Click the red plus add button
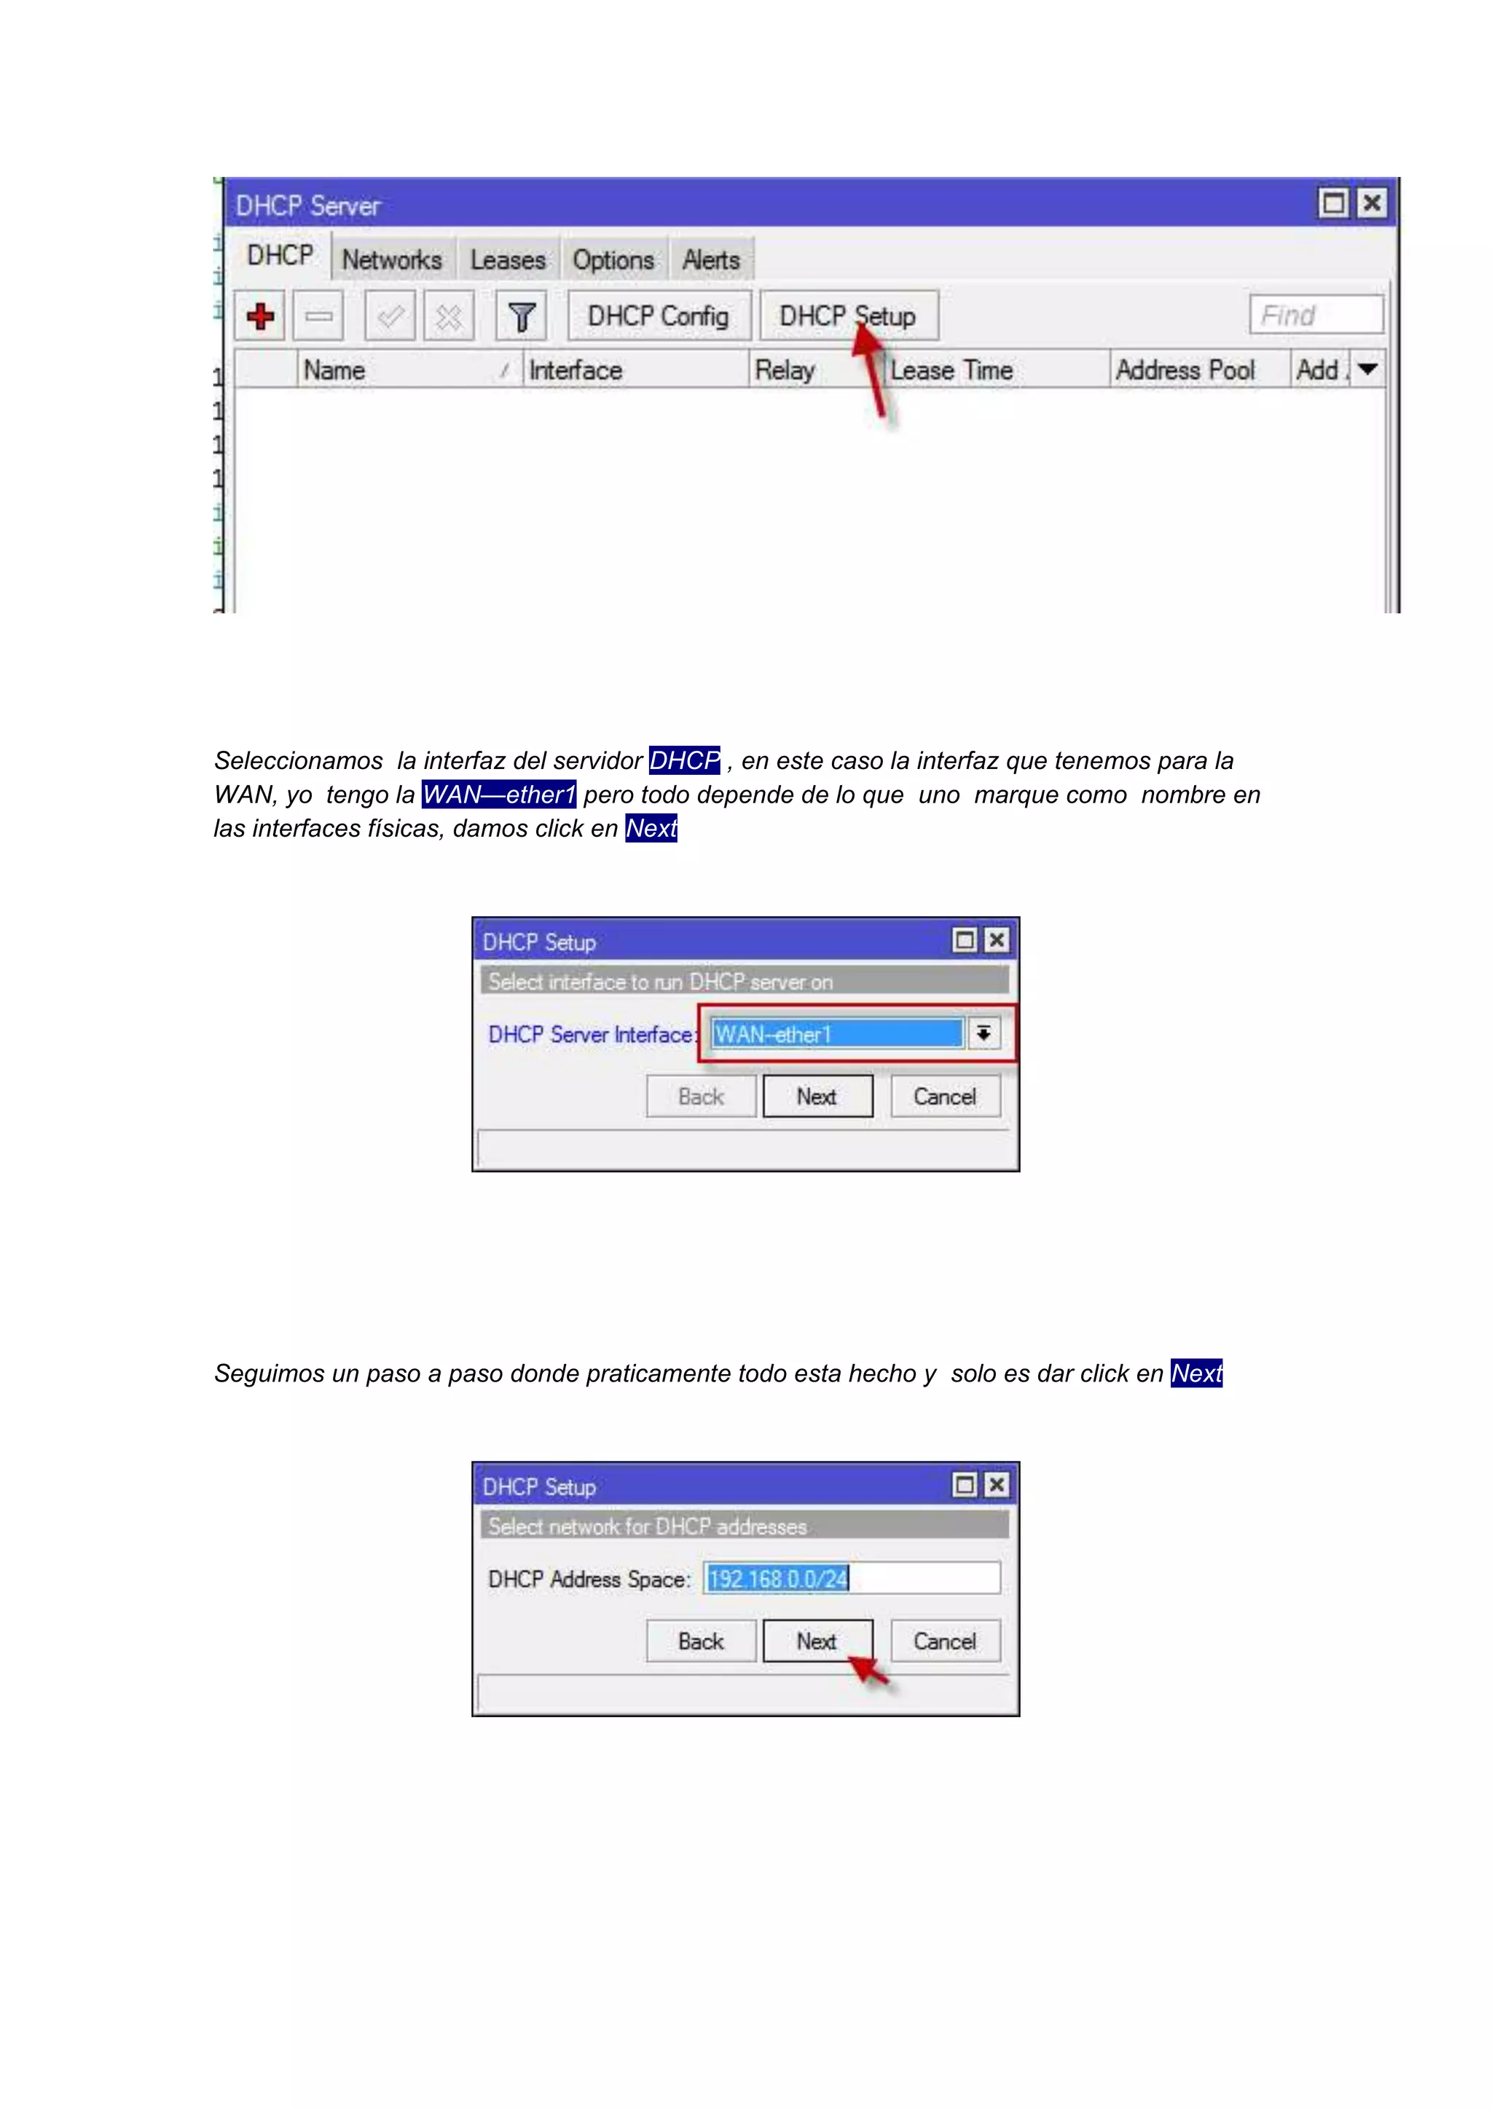click(x=260, y=316)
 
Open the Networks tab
click(x=391, y=260)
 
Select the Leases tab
click(x=507, y=260)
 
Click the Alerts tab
click(x=710, y=260)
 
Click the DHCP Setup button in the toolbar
click(x=847, y=316)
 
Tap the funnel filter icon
click(x=521, y=316)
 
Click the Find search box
click(x=1316, y=315)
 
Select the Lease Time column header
click(x=951, y=370)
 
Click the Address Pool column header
click(x=1185, y=370)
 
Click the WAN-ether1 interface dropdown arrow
click(x=983, y=1033)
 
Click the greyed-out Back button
click(x=700, y=1097)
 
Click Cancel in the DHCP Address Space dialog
click(x=944, y=1641)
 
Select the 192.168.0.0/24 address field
click(x=851, y=1578)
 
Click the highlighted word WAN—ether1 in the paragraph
click(x=499, y=795)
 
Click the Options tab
click(x=613, y=260)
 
